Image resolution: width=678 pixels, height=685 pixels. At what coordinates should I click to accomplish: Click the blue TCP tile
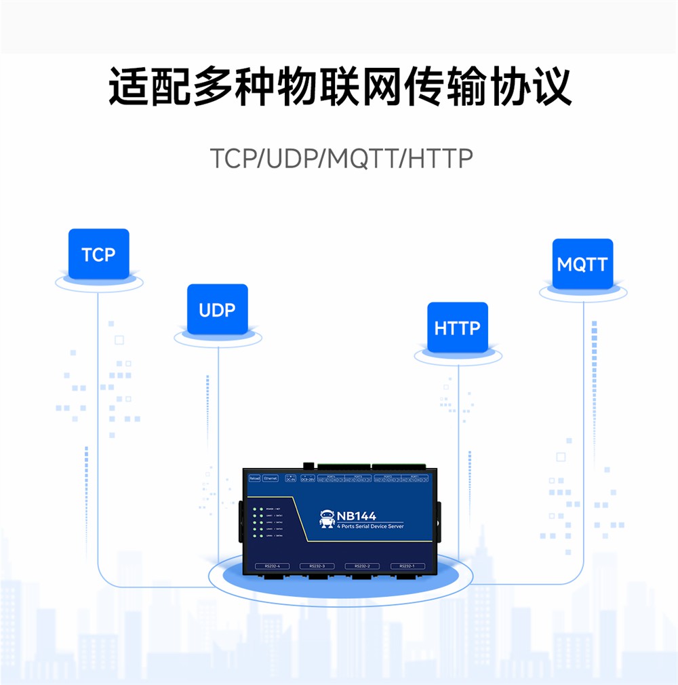click(x=98, y=254)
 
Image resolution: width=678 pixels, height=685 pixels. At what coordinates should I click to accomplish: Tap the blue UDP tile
click(x=217, y=310)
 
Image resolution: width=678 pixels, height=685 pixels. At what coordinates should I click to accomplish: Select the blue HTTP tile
click(x=457, y=328)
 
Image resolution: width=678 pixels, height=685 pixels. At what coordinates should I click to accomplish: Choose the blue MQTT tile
click(x=582, y=264)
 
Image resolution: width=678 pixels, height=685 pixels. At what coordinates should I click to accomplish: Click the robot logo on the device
click(x=327, y=519)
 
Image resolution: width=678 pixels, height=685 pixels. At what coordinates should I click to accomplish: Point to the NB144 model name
click(x=357, y=515)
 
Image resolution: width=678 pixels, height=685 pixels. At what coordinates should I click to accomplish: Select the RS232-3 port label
click(x=317, y=566)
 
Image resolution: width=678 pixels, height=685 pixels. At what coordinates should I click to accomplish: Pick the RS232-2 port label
click(x=361, y=566)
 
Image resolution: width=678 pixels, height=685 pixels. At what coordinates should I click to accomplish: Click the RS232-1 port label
click(x=407, y=566)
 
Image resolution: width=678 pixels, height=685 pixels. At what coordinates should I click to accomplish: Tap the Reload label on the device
click(x=254, y=478)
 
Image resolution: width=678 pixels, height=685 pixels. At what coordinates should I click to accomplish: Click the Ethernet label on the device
click(x=271, y=478)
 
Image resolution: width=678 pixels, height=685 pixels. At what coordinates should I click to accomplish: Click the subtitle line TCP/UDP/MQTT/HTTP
click(x=341, y=159)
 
